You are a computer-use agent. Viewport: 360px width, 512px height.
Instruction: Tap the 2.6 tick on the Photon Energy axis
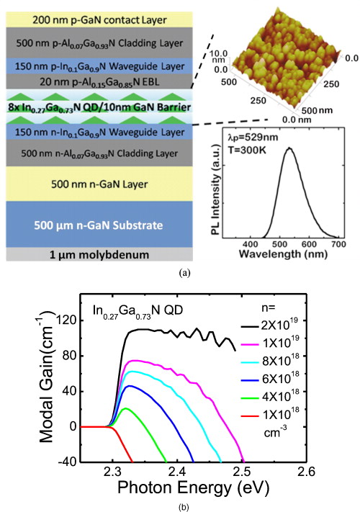(307, 472)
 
